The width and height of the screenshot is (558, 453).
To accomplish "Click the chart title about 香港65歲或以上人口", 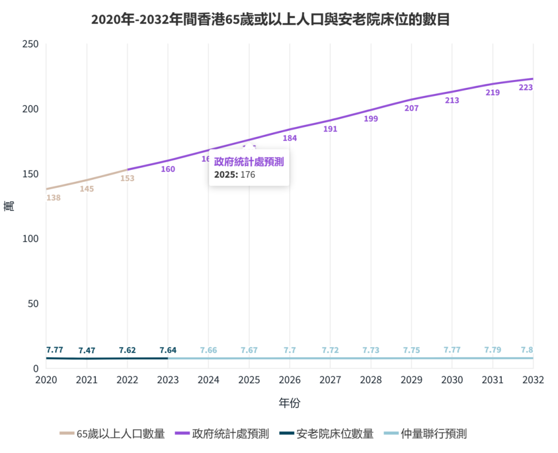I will pyautogui.click(x=270, y=20).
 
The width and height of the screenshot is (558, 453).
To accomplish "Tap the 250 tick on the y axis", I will pyautogui.click(x=31, y=44).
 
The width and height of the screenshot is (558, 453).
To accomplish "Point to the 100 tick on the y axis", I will pyautogui.click(x=31, y=239).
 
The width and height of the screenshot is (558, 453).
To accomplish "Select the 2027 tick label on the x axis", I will pyautogui.click(x=330, y=380).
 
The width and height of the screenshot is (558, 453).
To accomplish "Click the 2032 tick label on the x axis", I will pyautogui.click(x=533, y=380).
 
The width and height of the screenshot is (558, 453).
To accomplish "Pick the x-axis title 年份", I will pyautogui.click(x=289, y=403).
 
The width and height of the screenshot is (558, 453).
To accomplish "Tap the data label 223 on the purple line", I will pyautogui.click(x=525, y=88).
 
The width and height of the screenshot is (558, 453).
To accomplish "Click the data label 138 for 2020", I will pyautogui.click(x=53, y=197).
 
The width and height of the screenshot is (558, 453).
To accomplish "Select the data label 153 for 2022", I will pyautogui.click(x=127, y=178).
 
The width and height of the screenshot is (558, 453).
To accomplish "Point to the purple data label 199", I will pyautogui.click(x=370, y=119).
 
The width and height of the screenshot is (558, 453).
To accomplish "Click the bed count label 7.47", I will pyautogui.click(x=87, y=351).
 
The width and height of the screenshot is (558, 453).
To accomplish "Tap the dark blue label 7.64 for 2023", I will pyautogui.click(x=168, y=350).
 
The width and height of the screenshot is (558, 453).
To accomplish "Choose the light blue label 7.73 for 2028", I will pyautogui.click(x=370, y=350).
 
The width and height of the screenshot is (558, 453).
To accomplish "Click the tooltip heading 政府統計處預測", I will pyautogui.click(x=249, y=162).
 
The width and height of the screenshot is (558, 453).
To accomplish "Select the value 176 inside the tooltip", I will pyautogui.click(x=248, y=175).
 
